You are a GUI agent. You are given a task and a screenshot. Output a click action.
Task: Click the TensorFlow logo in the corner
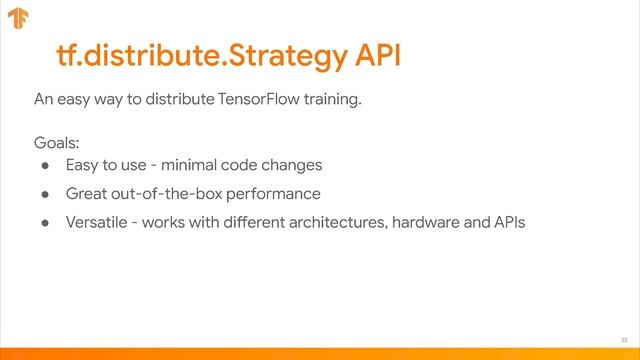click(18, 19)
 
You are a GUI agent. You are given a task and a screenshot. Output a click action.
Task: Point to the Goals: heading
click(56, 143)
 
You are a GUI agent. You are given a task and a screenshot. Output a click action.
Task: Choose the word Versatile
click(96, 221)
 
